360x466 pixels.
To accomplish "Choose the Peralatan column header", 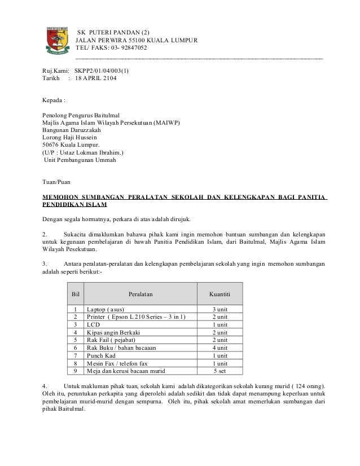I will click(x=140, y=294).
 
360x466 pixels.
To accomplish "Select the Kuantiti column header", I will click(x=219, y=294).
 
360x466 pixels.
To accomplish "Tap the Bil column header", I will click(x=75, y=294).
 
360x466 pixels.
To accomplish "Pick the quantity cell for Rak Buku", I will click(x=219, y=349).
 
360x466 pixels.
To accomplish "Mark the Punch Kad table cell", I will click(x=102, y=357).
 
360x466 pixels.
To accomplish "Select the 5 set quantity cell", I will click(x=219, y=372).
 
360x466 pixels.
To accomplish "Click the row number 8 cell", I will click(x=75, y=364).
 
